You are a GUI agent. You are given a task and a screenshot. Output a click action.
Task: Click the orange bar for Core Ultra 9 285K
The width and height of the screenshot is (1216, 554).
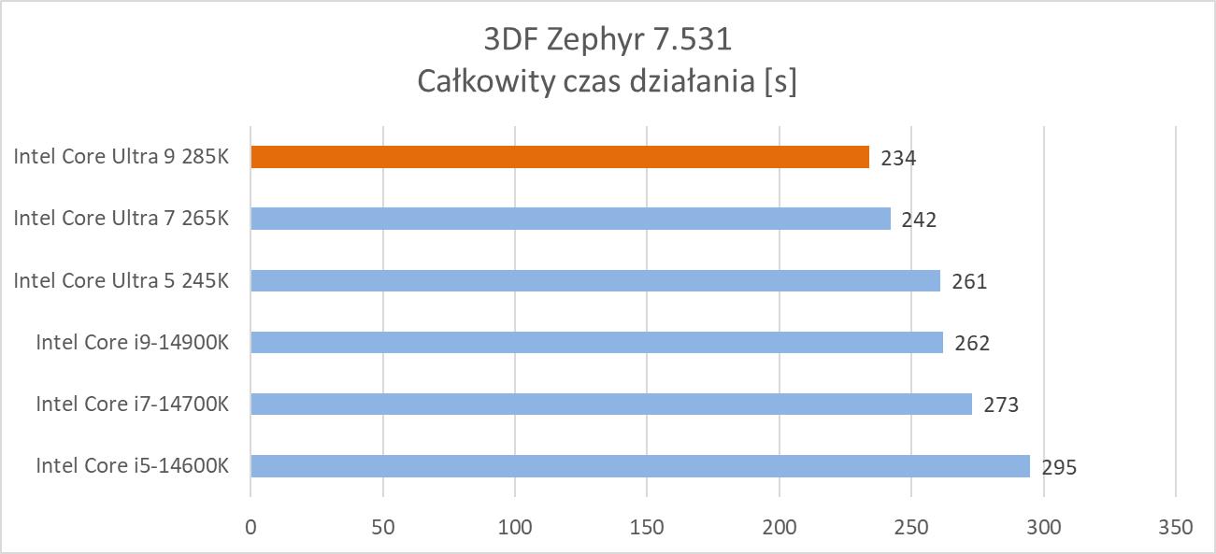click(x=560, y=157)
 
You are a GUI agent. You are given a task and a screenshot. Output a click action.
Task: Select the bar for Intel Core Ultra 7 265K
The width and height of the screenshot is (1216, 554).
click(x=570, y=219)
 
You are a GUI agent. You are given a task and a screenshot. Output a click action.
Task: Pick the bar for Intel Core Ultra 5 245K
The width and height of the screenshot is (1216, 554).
click(x=595, y=280)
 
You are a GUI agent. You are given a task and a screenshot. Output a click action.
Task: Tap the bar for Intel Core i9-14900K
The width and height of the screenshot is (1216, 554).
click(x=596, y=342)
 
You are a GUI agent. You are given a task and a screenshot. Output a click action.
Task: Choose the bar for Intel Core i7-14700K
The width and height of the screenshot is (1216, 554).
click(x=611, y=404)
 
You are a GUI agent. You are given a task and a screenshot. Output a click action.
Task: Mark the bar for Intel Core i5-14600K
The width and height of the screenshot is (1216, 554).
click(x=640, y=465)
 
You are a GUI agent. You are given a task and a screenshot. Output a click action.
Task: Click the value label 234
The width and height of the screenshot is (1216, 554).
click(x=898, y=158)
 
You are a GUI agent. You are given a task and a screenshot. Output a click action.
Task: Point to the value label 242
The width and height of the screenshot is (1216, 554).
click(x=919, y=220)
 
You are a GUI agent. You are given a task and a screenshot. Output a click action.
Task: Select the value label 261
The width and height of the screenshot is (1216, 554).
click(x=969, y=281)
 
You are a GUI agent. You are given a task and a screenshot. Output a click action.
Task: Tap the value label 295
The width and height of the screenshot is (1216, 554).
click(x=1059, y=467)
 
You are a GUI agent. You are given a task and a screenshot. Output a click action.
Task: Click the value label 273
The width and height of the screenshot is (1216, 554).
click(x=1001, y=405)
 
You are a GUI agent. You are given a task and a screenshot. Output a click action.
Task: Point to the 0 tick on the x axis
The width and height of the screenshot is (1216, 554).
click(x=250, y=527)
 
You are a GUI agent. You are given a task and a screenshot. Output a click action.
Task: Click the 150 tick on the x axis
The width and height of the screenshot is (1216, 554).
click(x=647, y=527)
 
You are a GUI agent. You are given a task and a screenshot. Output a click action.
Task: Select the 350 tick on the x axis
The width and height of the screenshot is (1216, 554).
click(x=1175, y=527)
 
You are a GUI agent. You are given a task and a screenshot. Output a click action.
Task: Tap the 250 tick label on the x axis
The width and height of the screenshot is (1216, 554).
click(x=911, y=527)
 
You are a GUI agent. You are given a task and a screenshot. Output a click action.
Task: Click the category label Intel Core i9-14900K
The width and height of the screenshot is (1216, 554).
click(x=132, y=342)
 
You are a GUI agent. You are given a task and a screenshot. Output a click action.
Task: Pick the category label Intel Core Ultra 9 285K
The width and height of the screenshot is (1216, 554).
click(x=121, y=157)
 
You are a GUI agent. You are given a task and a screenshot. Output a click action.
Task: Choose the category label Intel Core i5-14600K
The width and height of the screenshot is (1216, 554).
click(x=132, y=465)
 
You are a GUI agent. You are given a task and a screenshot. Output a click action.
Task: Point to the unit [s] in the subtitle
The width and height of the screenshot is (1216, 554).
click(x=780, y=82)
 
